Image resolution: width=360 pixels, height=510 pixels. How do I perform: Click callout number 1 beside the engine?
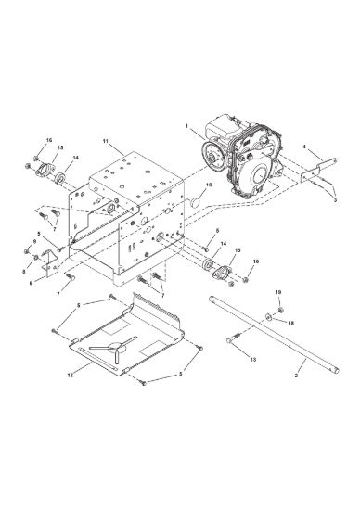point(186,125)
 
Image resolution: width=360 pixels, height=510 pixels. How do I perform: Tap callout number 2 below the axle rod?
point(296,376)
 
